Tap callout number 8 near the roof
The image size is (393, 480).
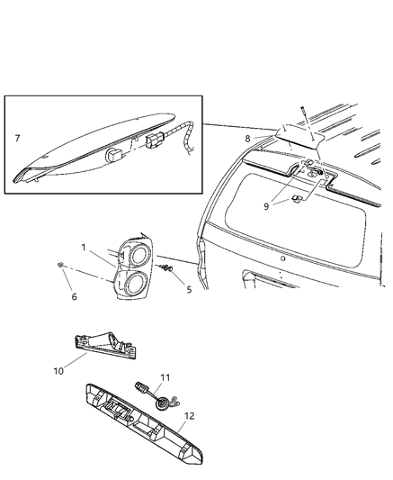(x=248, y=139)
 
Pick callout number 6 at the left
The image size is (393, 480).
(x=74, y=296)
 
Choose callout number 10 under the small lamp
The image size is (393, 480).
(x=58, y=369)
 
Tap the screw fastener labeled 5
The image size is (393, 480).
(x=167, y=269)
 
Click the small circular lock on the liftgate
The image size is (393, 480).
(x=281, y=258)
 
